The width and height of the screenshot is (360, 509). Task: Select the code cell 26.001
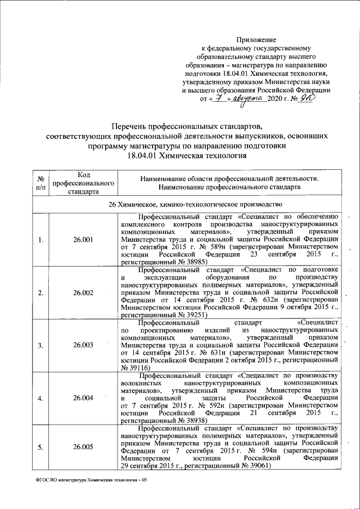click(83, 240)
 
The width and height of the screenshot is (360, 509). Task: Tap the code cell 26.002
click(83, 292)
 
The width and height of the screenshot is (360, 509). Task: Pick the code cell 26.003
click(83, 345)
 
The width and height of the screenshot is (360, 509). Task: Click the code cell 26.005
click(83, 447)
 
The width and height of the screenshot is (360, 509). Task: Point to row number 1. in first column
click(40, 240)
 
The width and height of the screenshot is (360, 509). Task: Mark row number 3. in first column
click(40, 345)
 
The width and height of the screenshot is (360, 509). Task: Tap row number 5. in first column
click(40, 447)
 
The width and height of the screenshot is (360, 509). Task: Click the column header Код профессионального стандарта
click(83, 183)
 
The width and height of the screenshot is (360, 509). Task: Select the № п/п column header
click(40, 183)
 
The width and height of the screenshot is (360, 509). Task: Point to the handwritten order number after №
click(306, 98)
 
